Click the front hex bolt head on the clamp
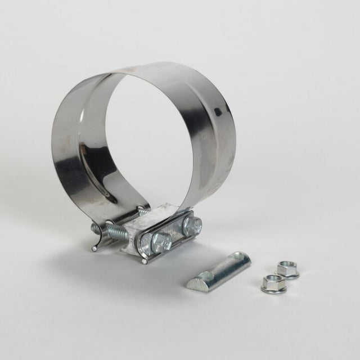click(161, 242)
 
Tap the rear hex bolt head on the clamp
click(192, 226)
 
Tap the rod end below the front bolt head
click(145, 260)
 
